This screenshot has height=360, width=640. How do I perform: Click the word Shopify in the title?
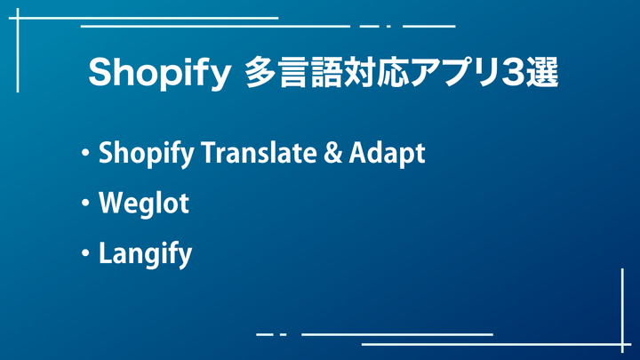tap(160, 74)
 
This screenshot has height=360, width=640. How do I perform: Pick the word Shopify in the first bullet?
tap(146, 154)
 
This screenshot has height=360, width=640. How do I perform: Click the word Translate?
tap(260, 152)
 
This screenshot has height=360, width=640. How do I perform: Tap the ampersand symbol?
tap(333, 152)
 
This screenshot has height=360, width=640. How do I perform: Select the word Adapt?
tap(387, 154)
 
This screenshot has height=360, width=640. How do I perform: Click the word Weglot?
tap(144, 203)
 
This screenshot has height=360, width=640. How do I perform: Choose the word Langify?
tap(145, 254)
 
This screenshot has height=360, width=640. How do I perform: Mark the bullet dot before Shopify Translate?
tap(85, 153)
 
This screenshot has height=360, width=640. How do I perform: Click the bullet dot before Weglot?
tap(85, 203)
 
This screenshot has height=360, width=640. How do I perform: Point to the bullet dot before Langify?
tap(85, 253)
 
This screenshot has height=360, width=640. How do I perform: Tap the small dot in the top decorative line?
tap(389, 27)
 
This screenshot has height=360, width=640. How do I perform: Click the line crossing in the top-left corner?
tap(18, 18)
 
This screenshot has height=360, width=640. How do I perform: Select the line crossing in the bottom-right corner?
tap(622, 345)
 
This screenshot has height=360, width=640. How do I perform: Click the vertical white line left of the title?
tap(18, 50)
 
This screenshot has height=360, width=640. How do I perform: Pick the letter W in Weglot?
tap(113, 202)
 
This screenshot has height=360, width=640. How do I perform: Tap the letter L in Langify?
tap(106, 252)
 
